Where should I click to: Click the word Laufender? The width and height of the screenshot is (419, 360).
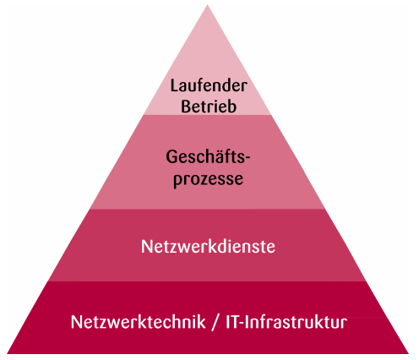coord(209,85)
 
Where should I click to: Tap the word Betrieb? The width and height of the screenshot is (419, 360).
coord(209,106)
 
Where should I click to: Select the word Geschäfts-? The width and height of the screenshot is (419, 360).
coord(208,156)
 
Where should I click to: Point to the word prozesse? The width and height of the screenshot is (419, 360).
coord(208,179)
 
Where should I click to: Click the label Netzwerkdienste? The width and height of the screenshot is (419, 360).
coord(208,247)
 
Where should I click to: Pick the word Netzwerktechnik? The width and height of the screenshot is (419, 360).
coord(138,322)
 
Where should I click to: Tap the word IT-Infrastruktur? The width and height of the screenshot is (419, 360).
coord(286,322)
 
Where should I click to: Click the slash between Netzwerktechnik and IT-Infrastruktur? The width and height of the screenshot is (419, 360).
coord(215,322)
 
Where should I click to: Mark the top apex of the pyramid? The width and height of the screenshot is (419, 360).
coord(208,4)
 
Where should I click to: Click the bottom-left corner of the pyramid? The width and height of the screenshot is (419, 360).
coord(7,353)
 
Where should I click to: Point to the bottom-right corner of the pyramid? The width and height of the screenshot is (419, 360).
coord(409,353)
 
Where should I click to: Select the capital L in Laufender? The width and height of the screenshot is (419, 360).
coord(175,85)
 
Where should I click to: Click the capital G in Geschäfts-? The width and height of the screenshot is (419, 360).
coord(171,156)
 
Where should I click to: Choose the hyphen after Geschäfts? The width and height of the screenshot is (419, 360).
coord(248,159)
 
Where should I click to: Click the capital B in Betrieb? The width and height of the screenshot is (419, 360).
coord(186,106)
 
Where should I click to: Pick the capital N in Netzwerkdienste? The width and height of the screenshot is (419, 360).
coord(146,247)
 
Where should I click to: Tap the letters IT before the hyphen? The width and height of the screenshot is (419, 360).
coord(232,322)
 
